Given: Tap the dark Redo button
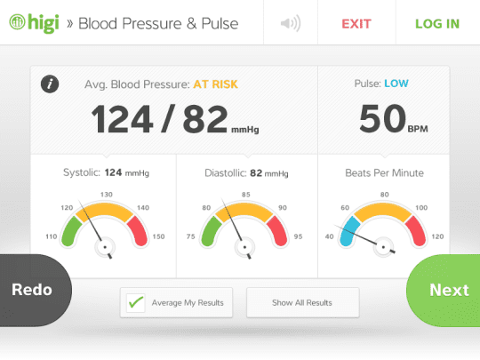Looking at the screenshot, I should coord(32,290).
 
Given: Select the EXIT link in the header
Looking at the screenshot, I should coord(356,23).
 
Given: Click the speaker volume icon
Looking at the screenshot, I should coord(290,23).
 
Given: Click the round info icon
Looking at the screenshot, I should coord(51,84).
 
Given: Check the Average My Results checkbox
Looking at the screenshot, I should coord(135,303).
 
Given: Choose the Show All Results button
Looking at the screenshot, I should coord(302,303).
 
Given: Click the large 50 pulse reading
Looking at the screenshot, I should coord(380,119).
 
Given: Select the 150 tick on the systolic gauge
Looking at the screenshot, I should coord(159,236).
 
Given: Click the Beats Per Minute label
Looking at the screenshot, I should coord(384,172).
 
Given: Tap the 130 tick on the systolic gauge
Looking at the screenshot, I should coord(107,194).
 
